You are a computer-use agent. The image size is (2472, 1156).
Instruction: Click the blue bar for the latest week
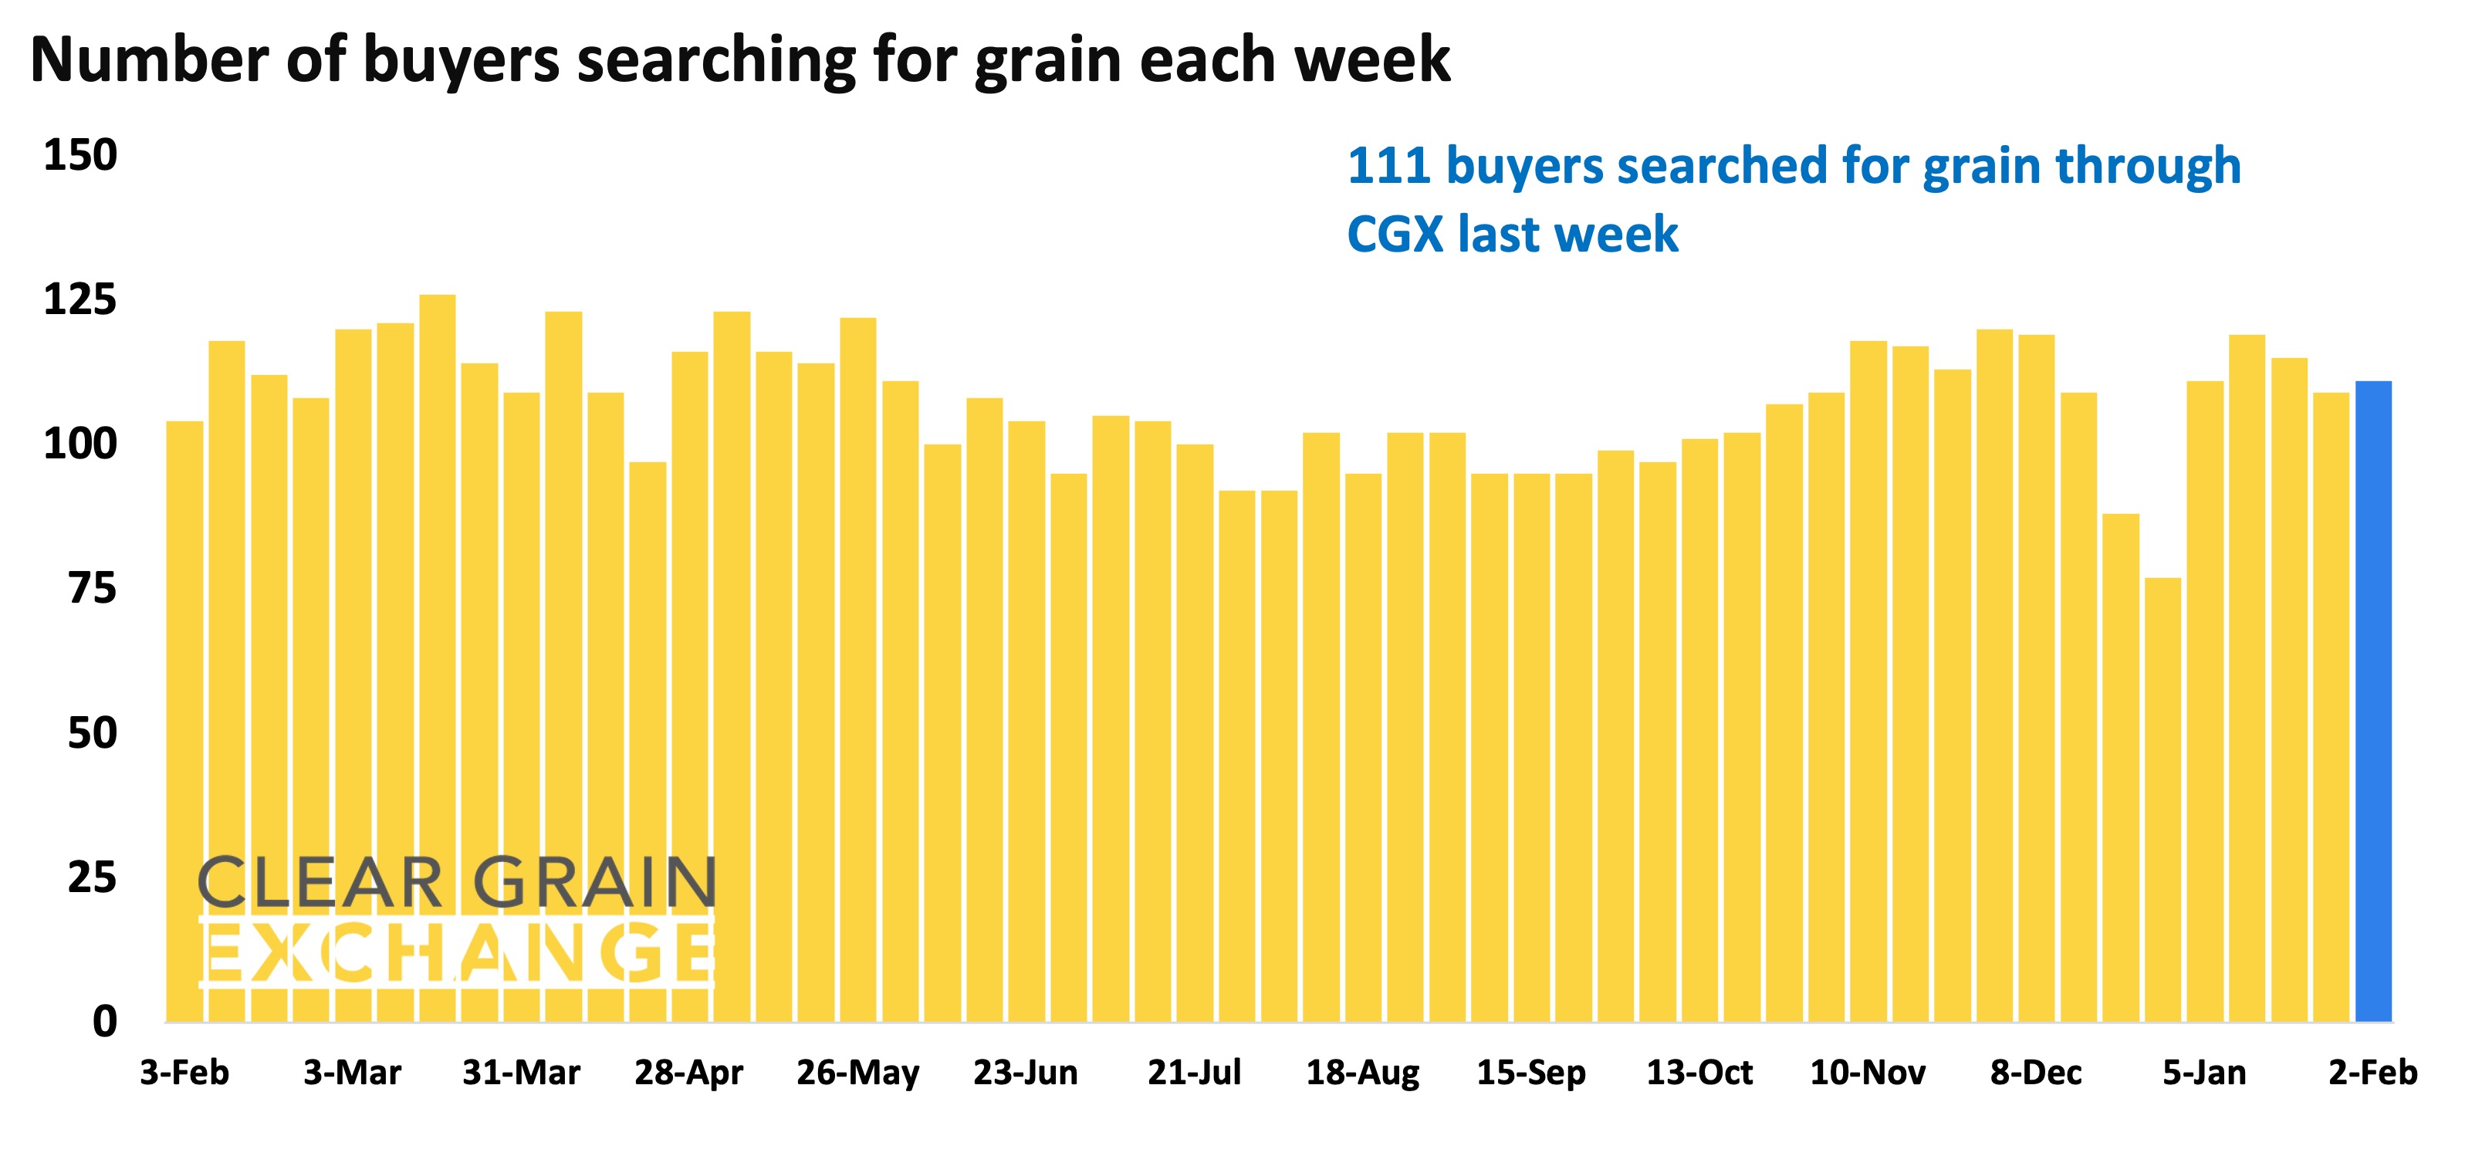pyautogui.click(x=2372, y=701)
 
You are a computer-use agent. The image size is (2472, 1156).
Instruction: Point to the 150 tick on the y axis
pyautogui.click(x=80, y=155)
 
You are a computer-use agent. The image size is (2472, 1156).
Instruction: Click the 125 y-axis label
pyautogui.click(x=80, y=300)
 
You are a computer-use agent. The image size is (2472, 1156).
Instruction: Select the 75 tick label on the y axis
pyautogui.click(x=92, y=588)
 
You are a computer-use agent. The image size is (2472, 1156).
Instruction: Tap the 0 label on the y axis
pyautogui.click(x=105, y=1021)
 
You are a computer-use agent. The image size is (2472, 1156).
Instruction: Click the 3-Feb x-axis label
pyautogui.click(x=184, y=1072)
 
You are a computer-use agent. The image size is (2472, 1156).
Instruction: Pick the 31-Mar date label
pyautogui.click(x=521, y=1072)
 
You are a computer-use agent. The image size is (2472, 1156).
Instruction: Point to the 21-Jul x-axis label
pyautogui.click(x=1194, y=1072)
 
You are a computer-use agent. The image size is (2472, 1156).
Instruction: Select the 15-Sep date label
pyautogui.click(x=1530, y=1072)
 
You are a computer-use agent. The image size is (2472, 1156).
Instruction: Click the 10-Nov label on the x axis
pyautogui.click(x=1868, y=1072)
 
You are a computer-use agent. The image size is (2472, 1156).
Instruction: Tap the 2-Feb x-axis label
pyautogui.click(x=2372, y=1072)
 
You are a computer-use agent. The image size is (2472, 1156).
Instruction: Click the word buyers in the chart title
pyautogui.click(x=460, y=60)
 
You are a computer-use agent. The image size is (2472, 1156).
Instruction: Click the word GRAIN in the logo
pyautogui.click(x=595, y=883)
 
